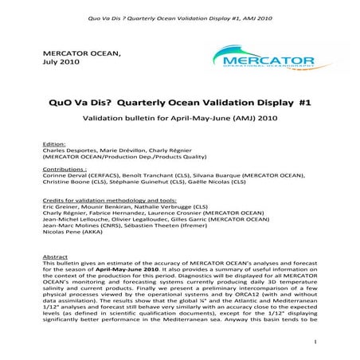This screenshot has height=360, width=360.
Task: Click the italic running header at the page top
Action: click(180, 9)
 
